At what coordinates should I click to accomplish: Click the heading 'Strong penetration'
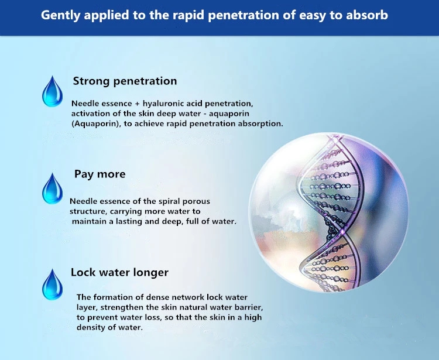[125, 81]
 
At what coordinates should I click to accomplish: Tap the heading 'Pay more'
[100, 174]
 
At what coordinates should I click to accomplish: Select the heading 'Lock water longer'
[119, 272]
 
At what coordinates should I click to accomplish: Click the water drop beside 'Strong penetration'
[52, 91]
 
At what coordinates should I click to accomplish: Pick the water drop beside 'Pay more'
[52, 188]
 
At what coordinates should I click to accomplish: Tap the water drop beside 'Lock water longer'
[52, 284]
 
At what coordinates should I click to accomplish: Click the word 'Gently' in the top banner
[61, 15]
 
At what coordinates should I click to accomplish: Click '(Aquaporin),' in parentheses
[97, 124]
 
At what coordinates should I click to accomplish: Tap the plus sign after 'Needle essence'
[137, 104]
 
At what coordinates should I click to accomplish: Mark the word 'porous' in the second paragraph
[196, 201]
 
